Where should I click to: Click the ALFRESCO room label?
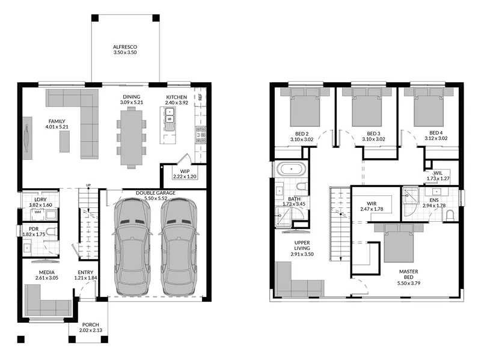coord(125,47)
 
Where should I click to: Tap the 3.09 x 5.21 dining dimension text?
coord(132,102)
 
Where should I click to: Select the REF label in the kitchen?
coord(200,97)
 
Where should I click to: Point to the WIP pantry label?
coord(185,171)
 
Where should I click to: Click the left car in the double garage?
coord(132,247)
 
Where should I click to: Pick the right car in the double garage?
coord(179,247)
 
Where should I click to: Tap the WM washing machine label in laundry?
coord(38,212)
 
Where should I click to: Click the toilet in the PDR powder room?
coord(51,231)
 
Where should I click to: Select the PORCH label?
coord(91,325)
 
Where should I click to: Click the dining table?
coord(132,138)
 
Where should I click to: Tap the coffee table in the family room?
coord(64,141)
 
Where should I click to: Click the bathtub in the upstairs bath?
coord(292,169)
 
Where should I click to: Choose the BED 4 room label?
coord(436,133)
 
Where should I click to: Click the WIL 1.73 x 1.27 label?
coord(438,175)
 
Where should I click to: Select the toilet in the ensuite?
coord(450,215)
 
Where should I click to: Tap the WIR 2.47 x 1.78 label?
coord(372,206)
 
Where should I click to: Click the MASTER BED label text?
coord(409,274)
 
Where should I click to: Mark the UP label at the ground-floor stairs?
coord(88,185)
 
